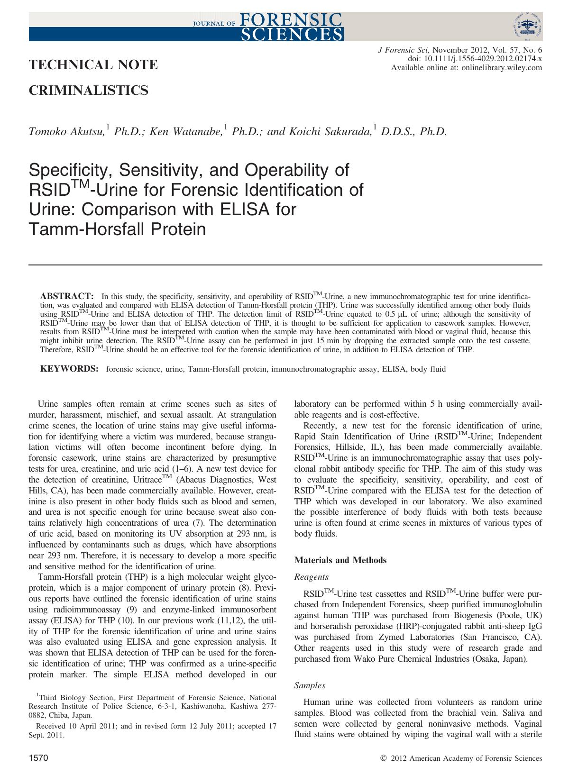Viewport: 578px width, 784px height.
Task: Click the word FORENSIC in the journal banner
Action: pos(292,18)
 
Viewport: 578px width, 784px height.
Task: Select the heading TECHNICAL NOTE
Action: pos(93,64)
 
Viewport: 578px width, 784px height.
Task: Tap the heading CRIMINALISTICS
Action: pos(89,90)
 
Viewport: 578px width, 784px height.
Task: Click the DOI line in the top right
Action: pos(475,59)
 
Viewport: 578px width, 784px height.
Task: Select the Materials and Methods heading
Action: pos(340,560)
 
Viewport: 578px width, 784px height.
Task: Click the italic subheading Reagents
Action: pos(311,577)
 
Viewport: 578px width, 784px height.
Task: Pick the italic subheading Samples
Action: pos(310,685)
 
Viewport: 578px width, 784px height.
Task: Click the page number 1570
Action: pos(39,758)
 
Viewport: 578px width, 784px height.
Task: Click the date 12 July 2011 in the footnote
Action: pos(213,726)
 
